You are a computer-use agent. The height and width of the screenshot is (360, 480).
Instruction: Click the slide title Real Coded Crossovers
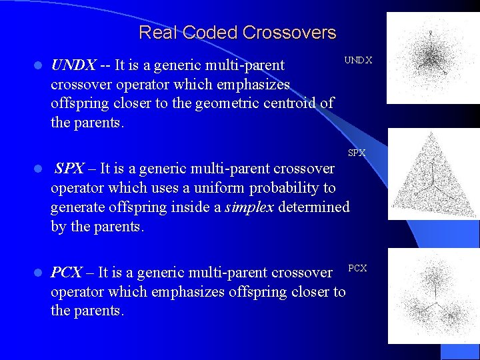coord(237,33)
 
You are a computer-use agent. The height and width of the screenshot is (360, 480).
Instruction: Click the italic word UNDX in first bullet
coord(73,65)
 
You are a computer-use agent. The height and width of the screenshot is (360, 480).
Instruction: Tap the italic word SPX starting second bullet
coord(69,169)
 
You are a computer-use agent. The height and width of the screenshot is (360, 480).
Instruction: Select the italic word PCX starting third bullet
coord(67,273)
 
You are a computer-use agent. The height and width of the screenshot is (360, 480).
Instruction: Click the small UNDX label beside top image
coord(358,61)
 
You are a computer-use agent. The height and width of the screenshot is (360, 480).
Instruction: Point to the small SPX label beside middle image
coord(357,153)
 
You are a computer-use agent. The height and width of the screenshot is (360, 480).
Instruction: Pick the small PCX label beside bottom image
coord(357,268)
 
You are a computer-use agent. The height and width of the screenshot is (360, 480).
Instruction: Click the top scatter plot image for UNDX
coord(433,58)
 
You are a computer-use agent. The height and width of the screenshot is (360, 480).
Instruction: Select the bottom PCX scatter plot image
coord(433,295)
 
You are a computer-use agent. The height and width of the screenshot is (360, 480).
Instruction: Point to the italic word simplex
coord(249,207)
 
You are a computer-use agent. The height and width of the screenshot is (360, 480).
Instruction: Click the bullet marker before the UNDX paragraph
coord(38,66)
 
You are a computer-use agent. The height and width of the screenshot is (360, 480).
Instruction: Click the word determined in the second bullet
coord(313,207)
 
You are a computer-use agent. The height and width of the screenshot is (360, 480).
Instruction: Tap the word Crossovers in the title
coord(289,33)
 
